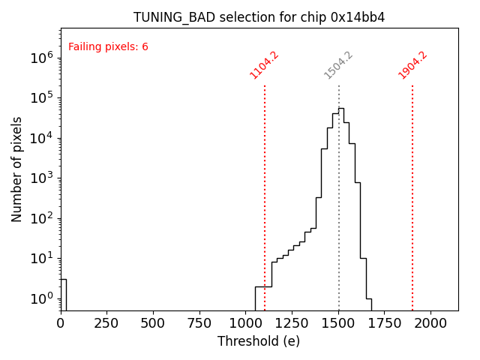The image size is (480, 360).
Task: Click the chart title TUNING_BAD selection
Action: point(259,17)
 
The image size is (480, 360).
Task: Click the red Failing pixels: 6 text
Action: point(108,47)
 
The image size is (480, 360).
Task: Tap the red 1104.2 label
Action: point(264,65)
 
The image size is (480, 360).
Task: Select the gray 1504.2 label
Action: point(338,65)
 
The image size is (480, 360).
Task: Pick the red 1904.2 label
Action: point(412,65)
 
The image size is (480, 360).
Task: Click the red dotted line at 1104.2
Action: point(265,187)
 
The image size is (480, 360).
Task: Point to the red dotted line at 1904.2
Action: point(412,187)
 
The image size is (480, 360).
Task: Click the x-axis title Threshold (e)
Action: point(259,341)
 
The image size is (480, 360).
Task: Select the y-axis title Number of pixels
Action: point(17,169)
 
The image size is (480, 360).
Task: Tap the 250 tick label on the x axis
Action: point(106,323)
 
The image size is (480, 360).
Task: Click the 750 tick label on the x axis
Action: point(199,323)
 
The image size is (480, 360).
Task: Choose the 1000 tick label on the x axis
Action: point(246,323)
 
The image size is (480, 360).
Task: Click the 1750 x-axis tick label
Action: point(385,323)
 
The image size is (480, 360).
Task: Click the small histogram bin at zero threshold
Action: point(64,294)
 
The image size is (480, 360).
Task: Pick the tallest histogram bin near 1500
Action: point(341,112)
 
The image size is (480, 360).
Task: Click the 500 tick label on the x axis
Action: point(153,323)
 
